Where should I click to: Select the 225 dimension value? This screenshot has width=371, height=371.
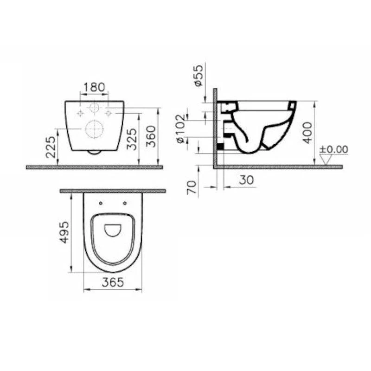51,147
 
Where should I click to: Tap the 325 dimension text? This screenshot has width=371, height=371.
132,139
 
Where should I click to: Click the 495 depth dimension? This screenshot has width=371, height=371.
64,232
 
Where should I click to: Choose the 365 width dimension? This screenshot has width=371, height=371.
113,282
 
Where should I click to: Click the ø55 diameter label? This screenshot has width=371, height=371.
199,75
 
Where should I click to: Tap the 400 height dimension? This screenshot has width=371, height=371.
307,133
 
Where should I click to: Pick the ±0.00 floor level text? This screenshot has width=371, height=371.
333,149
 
